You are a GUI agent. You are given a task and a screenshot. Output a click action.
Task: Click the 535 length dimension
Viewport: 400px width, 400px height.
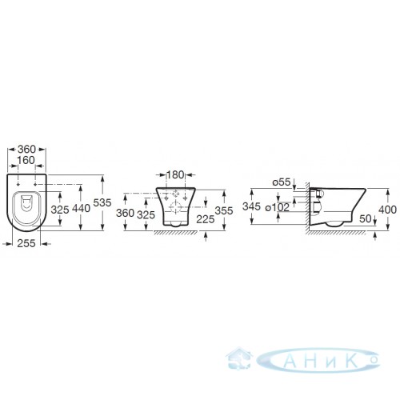(x=102, y=202)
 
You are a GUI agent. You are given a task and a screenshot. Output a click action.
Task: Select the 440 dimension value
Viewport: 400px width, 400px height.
(x=82, y=208)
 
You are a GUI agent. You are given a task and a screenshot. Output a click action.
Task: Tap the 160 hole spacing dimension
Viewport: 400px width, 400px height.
(x=26, y=160)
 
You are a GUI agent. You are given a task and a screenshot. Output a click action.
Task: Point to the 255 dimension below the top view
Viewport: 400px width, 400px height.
(x=26, y=243)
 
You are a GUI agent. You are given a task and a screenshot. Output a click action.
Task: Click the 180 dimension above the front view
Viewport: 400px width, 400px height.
(x=175, y=175)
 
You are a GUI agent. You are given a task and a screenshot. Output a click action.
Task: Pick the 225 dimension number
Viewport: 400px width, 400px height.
(x=206, y=219)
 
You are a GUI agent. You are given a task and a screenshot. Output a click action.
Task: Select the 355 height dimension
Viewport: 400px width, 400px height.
(x=224, y=210)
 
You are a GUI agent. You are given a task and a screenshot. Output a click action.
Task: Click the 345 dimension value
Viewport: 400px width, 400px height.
(x=251, y=206)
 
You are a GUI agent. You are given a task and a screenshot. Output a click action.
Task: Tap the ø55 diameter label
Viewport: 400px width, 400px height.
(x=281, y=182)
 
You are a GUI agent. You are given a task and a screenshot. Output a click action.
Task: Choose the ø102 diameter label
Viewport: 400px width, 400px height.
(x=277, y=207)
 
